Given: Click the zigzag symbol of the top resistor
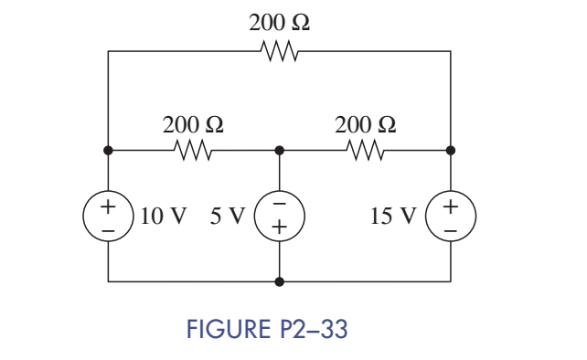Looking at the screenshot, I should click(x=279, y=51).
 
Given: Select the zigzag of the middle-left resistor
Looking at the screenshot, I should click(x=193, y=149).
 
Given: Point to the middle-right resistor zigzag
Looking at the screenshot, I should click(x=366, y=149).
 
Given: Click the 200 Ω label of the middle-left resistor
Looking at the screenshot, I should click(x=193, y=123).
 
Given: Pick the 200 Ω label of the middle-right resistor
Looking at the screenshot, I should click(x=366, y=123).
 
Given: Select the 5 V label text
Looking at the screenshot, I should click(x=226, y=217).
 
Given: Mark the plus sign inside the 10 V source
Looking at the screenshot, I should click(x=108, y=206).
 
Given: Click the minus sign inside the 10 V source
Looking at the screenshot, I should click(x=108, y=230).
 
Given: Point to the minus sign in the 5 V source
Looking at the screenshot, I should click(x=280, y=205).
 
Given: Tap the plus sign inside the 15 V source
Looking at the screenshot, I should click(x=451, y=206).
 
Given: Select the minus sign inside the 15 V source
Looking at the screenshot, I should click(x=451, y=230).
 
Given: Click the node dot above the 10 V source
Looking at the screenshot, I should click(x=108, y=149).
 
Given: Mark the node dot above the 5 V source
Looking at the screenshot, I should click(x=280, y=149).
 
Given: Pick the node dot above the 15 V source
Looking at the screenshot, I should click(x=451, y=149).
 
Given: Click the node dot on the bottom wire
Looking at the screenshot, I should click(x=280, y=282).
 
